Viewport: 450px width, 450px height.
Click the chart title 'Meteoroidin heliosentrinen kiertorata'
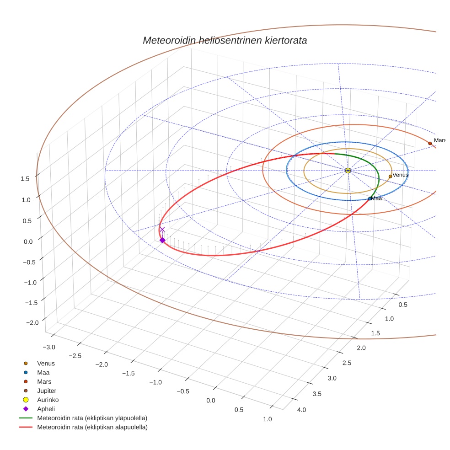click(x=225, y=40)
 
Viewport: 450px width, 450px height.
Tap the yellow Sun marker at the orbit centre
click(x=348, y=171)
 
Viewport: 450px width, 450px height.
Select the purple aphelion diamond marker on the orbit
click(x=162, y=240)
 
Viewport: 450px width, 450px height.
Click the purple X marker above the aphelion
click(x=162, y=230)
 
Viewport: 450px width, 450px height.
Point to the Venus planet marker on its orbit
click(x=390, y=176)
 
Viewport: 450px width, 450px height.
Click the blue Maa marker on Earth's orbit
click(x=370, y=198)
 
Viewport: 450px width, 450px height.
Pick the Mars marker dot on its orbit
click(x=430, y=144)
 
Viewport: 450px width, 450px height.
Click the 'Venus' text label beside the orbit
click(x=401, y=175)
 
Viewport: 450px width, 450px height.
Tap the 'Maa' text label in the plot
click(x=376, y=198)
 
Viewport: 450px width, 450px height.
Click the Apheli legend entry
click(x=46, y=409)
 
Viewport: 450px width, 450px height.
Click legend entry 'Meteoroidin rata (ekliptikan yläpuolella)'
click(x=92, y=418)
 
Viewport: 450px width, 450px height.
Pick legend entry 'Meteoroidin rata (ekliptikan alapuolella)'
click(x=92, y=427)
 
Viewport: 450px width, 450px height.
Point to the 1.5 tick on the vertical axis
click(x=25, y=179)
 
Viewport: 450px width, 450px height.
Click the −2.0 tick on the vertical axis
click(x=32, y=323)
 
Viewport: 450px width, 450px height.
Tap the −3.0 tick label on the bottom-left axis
click(x=48, y=348)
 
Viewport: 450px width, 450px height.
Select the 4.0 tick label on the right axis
click(x=301, y=410)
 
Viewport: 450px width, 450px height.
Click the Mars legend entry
click(x=44, y=381)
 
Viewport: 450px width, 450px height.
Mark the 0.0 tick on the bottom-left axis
click(x=211, y=401)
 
